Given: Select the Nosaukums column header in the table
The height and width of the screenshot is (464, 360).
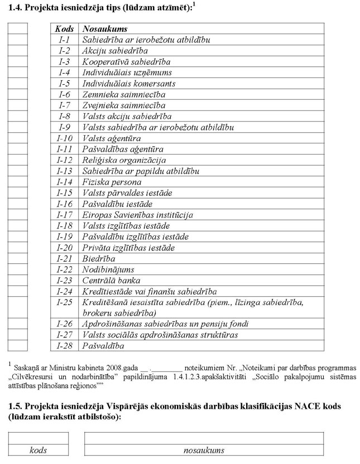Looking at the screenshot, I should (105, 29).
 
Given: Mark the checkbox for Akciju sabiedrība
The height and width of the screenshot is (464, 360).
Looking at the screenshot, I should (18, 51).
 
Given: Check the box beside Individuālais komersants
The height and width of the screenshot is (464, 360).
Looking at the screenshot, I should (18, 84).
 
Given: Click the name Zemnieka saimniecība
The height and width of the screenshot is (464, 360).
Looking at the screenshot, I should (123, 95).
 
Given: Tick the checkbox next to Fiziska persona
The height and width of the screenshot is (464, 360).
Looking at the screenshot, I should (18, 182).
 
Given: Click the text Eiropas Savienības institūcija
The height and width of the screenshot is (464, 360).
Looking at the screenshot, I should (137, 215).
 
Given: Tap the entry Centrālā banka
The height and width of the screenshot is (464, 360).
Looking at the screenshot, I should (111, 281).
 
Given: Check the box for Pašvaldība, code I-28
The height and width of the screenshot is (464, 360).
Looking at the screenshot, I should (18, 346).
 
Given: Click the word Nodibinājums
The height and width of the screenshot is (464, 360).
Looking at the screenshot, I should (108, 269).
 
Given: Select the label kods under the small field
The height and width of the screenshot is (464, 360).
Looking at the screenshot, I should (38, 450).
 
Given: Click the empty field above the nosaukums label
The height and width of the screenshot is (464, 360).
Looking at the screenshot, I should (204, 438).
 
